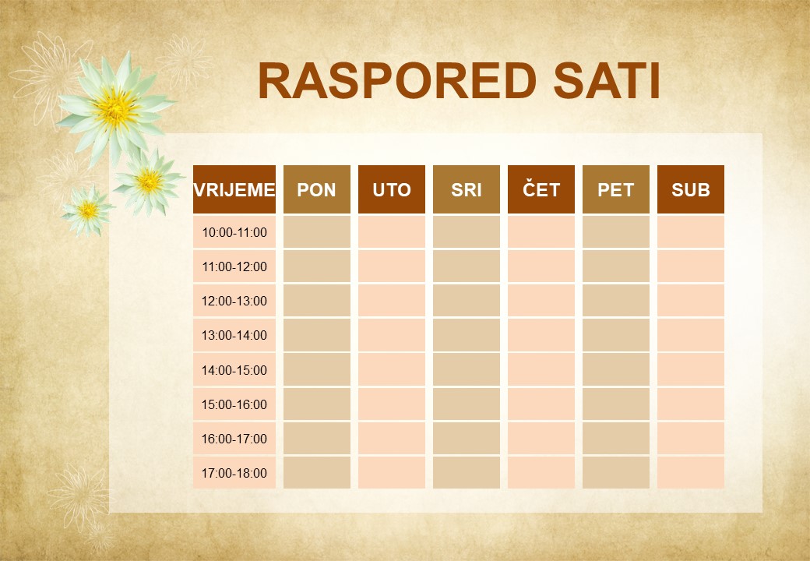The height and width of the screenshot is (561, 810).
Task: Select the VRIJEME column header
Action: pos(234,190)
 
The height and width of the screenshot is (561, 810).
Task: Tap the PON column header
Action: pos(317,190)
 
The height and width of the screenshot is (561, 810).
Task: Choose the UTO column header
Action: pos(392,190)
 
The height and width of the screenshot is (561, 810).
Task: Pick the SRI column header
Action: pos(467,190)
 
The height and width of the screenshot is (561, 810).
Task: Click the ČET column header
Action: pos(541,190)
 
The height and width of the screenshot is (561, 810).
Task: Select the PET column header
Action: pos(616,190)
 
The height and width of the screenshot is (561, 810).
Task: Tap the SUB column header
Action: pos(691,190)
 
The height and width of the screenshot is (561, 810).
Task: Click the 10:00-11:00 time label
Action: pos(234,232)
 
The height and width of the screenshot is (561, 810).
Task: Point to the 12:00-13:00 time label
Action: pos(234,301)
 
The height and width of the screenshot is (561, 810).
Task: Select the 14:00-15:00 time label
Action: pos(234,370)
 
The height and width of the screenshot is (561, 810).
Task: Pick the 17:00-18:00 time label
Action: pos(234,473)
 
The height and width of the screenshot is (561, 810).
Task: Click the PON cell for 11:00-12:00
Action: pos(317,266)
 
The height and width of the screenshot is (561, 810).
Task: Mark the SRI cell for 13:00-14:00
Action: pos(467,335)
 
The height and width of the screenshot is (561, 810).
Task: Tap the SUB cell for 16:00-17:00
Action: pos(691,439)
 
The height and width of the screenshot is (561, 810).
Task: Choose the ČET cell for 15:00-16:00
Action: pos(541,404)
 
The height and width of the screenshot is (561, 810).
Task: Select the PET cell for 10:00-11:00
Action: pos(616,232)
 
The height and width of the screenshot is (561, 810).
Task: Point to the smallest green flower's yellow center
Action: pos(88,210)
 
